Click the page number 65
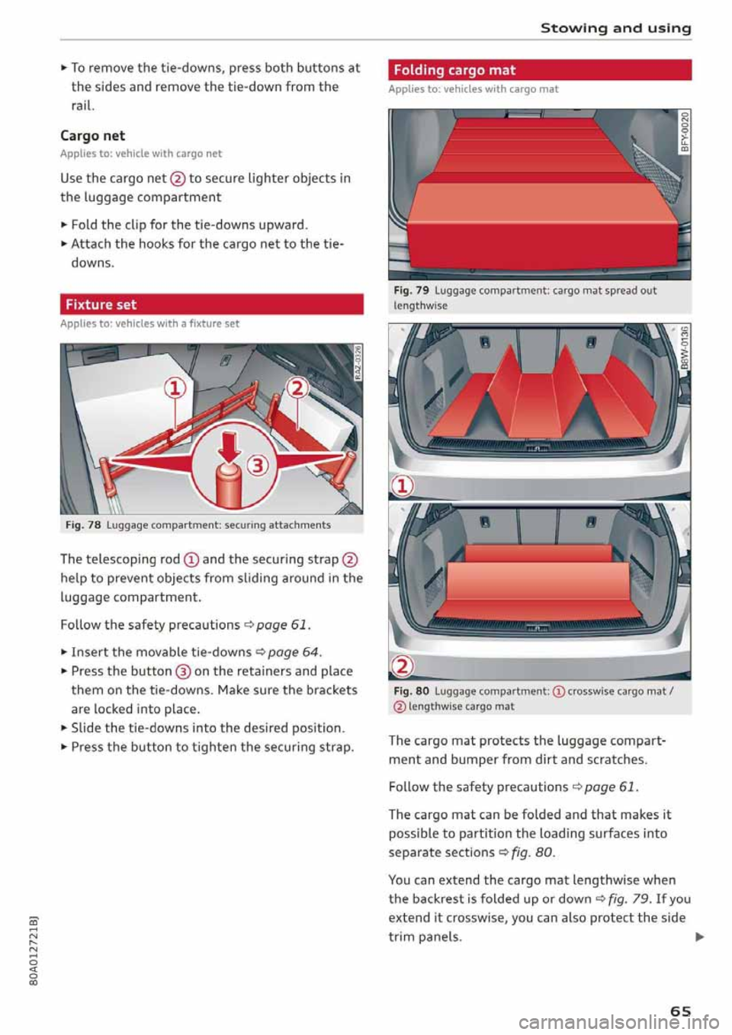tap(680, 1011)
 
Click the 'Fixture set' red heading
tap(101, 305)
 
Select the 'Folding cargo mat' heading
tap(454, 70)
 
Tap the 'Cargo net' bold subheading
tap(92, 136)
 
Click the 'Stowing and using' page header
tap(615, 28)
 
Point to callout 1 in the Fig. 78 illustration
tap(175, 389)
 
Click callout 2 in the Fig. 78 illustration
tap(297, 388)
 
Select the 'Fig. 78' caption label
tap(83, 525)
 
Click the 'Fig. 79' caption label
tap(411, 290)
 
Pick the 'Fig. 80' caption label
tap(411, 691)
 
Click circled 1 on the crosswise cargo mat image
tap(402, 485)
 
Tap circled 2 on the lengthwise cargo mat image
tap(402, 666)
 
